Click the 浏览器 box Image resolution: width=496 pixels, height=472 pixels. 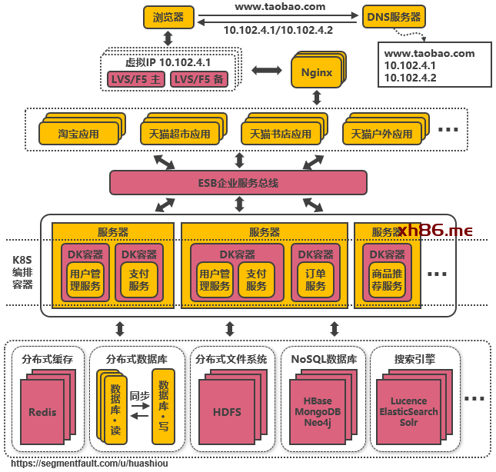pyautogui.click(x=168, y=17)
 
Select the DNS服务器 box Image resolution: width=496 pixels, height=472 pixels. pyautogui.click(x=393, y=17)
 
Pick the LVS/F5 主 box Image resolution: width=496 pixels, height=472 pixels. pyautogui.click(x=135, y=79)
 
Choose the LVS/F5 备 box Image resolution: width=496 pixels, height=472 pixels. pyautogui.click(x=198, y=79)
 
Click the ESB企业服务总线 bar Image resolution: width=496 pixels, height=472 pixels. pyautogui.click(x=238, y=183)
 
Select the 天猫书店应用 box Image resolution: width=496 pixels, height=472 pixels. pyautogui.click(x=280, y=133)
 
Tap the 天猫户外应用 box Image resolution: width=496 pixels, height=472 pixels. pyautogui.click(x=381, y=133)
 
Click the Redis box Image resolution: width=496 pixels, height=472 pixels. pyautogui.click(x=42, y=412)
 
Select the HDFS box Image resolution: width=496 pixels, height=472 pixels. pyautogui.click(x=226, y=412)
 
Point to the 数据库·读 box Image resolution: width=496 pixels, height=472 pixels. pyautogui.click(x=115, y=408)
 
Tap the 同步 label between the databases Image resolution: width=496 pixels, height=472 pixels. pyautogui.click(x=139, y=395)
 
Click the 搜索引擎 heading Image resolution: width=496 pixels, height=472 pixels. pyautogui.click(x=414, y=359)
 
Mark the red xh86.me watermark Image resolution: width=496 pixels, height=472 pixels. pyautogui.click(x=436, y=230)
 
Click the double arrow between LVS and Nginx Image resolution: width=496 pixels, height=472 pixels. pyautogui.click(x=267, y=71)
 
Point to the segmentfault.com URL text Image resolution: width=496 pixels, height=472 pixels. pyautogui.click(x=89, y=464)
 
